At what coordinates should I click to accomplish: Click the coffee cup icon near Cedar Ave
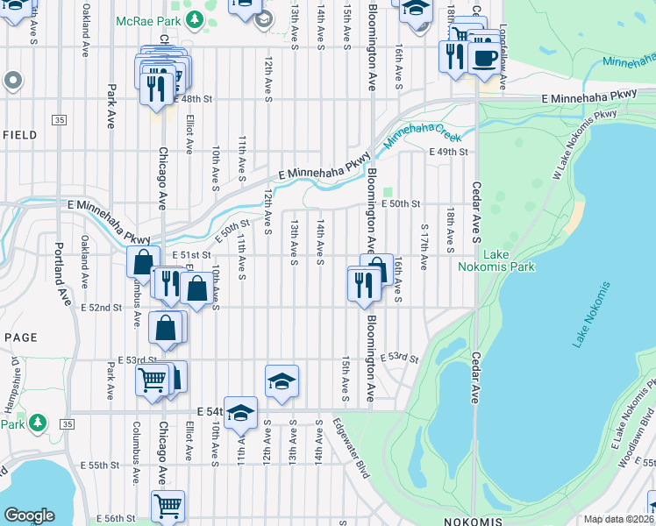tap(485, 59)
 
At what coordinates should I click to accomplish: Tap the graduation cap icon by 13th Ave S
tap(282, 381)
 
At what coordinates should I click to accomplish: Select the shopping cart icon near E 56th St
tap(167, 506)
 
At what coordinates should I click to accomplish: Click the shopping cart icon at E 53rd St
tap(152, 380)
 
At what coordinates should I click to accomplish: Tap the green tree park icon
tap(37, 423)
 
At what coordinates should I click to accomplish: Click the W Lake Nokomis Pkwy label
tap(585, 143)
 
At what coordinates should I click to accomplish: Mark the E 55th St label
tap(98, 465)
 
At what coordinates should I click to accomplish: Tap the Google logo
tap(29, 515)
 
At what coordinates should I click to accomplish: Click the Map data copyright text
tap(619, 520)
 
